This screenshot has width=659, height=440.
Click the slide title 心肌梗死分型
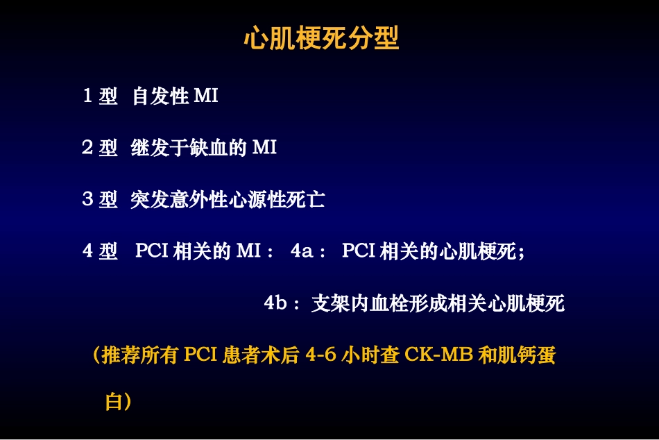tap(321, 39)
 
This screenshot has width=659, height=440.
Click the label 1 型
tap(100, 96)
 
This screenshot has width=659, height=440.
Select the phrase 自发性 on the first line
tap(160, 96)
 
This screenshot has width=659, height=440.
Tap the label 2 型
tap(100, 148)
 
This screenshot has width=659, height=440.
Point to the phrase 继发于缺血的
tap(189, 148)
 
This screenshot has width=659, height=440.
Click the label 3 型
tap(100, 200)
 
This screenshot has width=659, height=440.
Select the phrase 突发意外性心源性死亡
tap(228, 200)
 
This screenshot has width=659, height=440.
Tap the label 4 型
tap(100, 251)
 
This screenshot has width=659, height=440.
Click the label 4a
tap(302, 251)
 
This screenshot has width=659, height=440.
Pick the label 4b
tap(276, 303)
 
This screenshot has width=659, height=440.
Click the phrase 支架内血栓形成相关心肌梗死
tap(438, 303)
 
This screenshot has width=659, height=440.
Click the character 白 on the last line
tap(113, 402)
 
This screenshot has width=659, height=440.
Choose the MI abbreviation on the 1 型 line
tap(206, 96)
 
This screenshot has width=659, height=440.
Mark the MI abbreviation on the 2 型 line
tap(264, 148)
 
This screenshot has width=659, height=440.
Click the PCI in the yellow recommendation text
tap(201, 355)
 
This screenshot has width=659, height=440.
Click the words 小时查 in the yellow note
tap(371, 355)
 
